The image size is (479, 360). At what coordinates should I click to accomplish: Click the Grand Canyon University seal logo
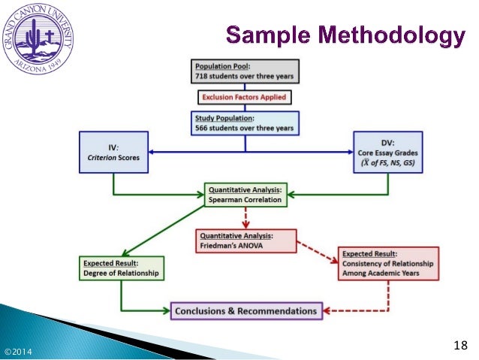38,39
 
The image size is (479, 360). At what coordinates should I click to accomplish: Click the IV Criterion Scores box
113,153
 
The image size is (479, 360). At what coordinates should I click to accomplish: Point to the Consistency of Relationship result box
387,263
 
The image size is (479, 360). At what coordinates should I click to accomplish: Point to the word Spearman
225,201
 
